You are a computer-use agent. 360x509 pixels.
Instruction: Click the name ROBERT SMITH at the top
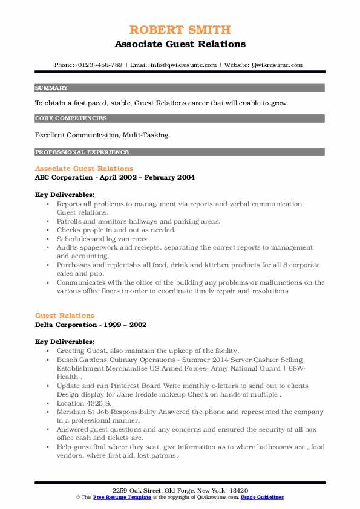click(180, 29)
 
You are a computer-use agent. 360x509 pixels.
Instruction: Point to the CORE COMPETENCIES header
click(71, 118)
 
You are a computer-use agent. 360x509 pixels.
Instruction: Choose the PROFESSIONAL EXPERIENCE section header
click(82, 152)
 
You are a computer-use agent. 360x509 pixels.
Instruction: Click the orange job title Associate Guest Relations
click(84, 169)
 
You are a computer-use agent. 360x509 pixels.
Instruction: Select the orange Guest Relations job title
click(65, 316)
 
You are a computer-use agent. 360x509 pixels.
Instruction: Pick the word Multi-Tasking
click(148, 135)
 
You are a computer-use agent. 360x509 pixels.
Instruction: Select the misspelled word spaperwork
click(104, 248)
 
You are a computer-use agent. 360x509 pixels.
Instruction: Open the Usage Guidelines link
click(262, 497)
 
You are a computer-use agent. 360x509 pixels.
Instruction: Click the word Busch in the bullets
click(68, 359)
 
